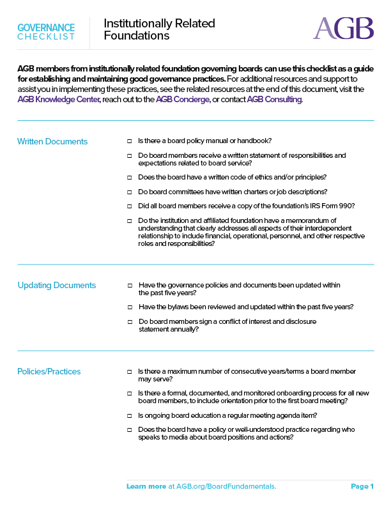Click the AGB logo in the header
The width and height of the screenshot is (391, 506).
tap(343, 29)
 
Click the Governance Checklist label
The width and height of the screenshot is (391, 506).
tap(46, 31)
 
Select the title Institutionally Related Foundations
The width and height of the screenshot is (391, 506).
tap(159, 29)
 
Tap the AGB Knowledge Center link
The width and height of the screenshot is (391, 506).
tap(58, 100)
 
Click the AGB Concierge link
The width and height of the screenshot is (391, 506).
tap(183, 100)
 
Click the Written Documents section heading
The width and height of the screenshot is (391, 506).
tap(52, 141)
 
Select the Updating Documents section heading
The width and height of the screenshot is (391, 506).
tap(56, 285)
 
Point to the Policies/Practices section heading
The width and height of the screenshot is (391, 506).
tap(49, 371)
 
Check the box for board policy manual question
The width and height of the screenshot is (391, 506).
tap(129, 141)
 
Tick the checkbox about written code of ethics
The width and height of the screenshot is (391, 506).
tap(129, 177)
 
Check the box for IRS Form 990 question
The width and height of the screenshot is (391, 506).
tap(129, 206)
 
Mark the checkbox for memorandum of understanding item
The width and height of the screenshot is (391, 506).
tap(129, 221)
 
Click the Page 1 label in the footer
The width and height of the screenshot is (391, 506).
tap(362, 487)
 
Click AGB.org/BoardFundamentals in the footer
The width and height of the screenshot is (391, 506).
tap(222, 487)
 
